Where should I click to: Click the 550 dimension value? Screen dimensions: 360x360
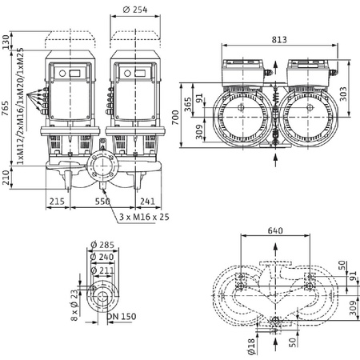(x=102, y=202)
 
